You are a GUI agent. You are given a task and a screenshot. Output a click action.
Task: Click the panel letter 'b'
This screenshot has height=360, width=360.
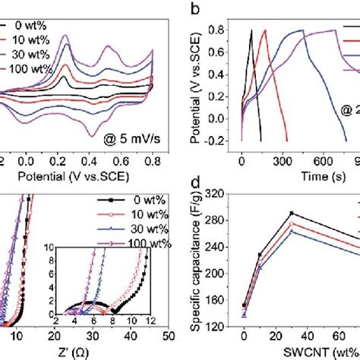(196, 8)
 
